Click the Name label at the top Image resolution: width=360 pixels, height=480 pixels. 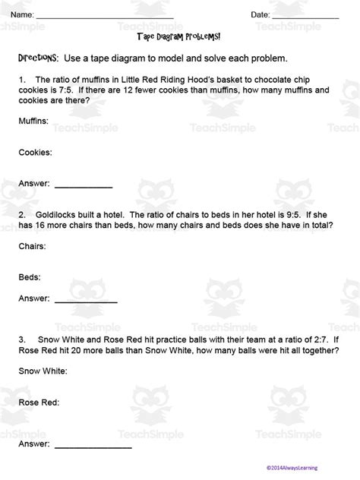click(x=21, y=15)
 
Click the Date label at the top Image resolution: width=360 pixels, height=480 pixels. click(x=261, y=15)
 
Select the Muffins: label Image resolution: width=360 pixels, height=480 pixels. click(x=33, y=121)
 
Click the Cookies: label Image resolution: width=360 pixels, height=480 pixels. click(x=35, y=152)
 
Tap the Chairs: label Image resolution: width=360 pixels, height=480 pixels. click(x=32, y=246)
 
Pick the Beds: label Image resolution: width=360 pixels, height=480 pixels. click(x=30, y=277)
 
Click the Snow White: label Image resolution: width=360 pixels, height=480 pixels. click(x=43, y=371)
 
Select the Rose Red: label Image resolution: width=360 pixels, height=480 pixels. click(x=39, y=403)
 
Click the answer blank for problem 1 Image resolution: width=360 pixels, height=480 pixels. click(x=84, y=185)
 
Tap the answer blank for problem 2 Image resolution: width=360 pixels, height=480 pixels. click(x=87, y=301)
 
